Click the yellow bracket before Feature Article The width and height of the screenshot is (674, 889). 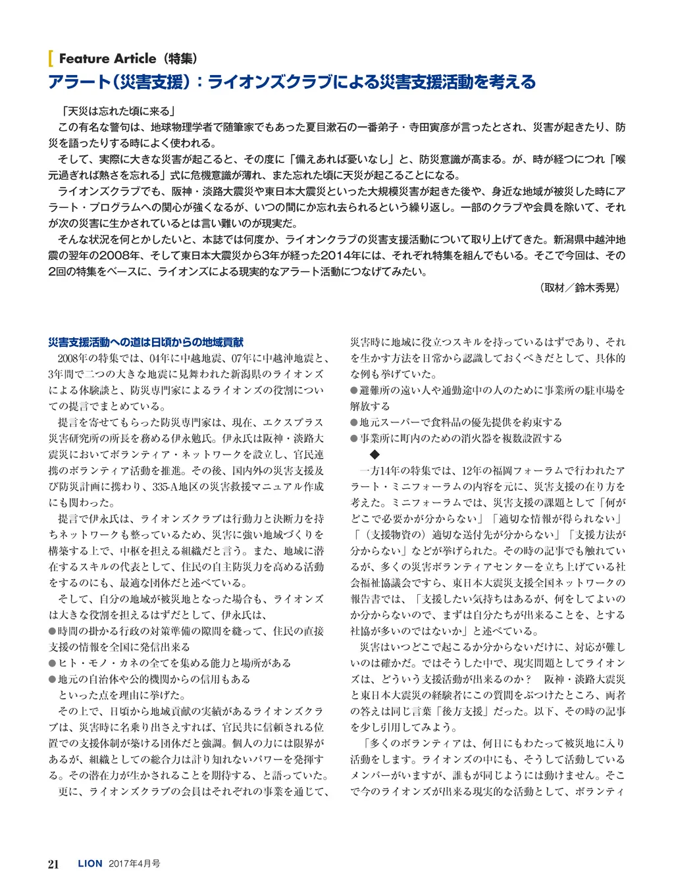click(51, 59)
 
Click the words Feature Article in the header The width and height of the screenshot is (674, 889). click(107, 59)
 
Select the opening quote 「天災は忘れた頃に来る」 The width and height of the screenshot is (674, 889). click(117, 111)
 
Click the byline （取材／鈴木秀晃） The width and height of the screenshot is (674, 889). click(579, 288)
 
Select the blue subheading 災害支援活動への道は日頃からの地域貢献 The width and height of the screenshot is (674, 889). click(146, 342)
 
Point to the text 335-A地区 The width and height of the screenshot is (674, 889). click(174, 486)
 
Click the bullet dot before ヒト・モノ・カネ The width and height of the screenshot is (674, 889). click(53, 663)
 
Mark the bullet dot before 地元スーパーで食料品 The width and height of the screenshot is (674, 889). click(354, 422)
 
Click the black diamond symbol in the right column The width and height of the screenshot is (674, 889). click(375, 455)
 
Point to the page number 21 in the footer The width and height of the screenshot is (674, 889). click(54, 864)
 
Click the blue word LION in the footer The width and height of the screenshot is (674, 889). click(90, 864)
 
